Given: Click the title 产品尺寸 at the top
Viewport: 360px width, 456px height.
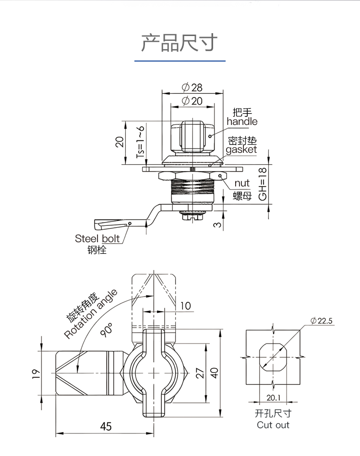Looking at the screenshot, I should tap(180, 43).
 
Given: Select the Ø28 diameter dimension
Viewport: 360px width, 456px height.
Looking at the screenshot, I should tap(192, 87).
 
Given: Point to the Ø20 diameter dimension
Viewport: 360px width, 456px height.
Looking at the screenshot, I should tap(192, 101).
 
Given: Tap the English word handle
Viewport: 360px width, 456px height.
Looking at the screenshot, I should tap(242, 122).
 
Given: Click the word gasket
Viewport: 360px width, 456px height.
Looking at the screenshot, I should tap(241, 149).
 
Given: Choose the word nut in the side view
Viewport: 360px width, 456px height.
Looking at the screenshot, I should tap(242, 183).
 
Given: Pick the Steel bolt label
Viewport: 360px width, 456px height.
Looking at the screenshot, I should tap(97, 239).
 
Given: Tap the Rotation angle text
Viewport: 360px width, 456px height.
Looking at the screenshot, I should tap(91, 315).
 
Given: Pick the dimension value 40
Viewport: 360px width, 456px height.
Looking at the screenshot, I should tap(214, 373).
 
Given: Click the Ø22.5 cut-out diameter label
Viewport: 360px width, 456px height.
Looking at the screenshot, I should tap(322, 321).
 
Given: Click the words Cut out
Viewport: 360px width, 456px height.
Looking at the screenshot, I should tap(273, 425).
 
